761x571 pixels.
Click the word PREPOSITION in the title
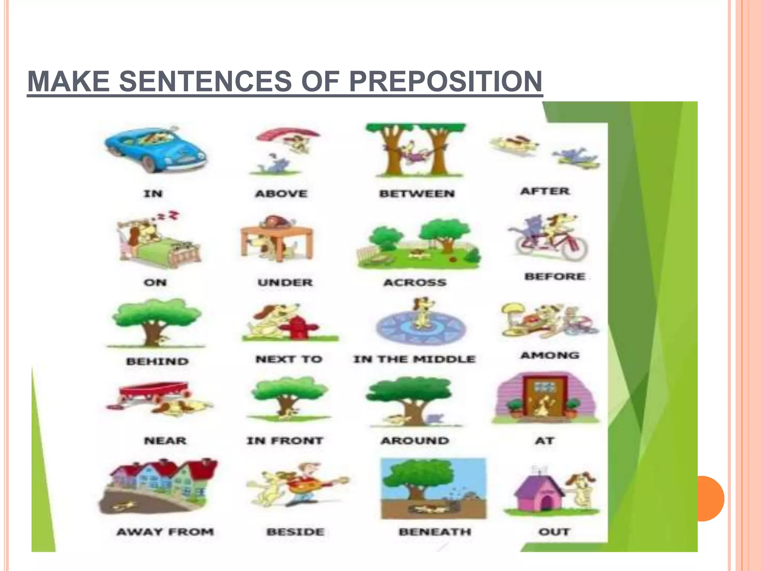[x=446, y=81]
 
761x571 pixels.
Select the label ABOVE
[x=281, y=194]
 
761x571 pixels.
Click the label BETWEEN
[x=417, y=194]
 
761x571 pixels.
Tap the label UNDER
[x=285, y=283]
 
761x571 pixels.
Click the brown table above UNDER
[x=277, y=238]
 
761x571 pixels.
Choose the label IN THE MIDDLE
[x=414, y=359]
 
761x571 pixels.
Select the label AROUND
[x=415, y=441]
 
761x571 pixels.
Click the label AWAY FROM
[x=165, y=532]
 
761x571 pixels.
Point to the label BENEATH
[x=435, y=532]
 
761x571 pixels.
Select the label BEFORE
[x=555, y=277]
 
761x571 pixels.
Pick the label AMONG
[x=550, y=356]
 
